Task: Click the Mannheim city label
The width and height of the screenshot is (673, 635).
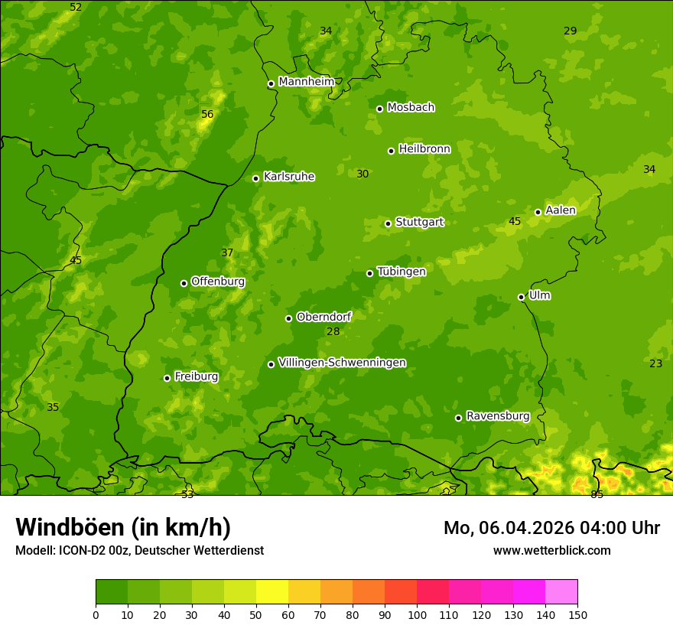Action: (x=306, y=82)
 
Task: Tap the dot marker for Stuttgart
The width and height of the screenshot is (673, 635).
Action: (x=388, y=223)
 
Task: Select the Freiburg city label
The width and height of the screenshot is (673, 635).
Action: (x=196, y=376)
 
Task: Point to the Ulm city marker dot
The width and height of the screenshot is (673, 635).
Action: (x=521, y=297)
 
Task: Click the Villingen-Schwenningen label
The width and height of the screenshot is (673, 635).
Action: (x=342, y=363)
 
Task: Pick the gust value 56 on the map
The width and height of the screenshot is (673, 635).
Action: (x=207, y=114)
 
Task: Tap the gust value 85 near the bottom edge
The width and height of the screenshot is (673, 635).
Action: (x=597, y=494)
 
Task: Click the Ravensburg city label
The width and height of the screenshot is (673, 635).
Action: (x=497, y=416)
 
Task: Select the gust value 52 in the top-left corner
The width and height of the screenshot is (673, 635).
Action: (x=76, y=7)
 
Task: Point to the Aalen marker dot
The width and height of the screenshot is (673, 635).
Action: (x=538, y=212)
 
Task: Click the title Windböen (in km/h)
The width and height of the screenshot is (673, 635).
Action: (x=123, y=527)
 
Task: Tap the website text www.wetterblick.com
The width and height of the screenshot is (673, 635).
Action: (x=551, y=550)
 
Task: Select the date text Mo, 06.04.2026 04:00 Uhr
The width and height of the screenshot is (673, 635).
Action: (x=551, y=528)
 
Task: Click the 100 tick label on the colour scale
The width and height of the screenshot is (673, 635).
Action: (x=417, y=615)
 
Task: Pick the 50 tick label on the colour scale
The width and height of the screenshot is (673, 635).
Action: (x=256, y=615)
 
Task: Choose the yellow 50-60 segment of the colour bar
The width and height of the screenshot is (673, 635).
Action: (x=272, y=592)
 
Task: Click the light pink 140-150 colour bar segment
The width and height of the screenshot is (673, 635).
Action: (x=561, y=592)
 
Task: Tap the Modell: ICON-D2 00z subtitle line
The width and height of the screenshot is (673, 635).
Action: (x=139, y=550)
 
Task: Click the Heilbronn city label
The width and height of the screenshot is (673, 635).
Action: (x=424, y=149)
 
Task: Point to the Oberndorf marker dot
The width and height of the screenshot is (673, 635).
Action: (x=288, y=318)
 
